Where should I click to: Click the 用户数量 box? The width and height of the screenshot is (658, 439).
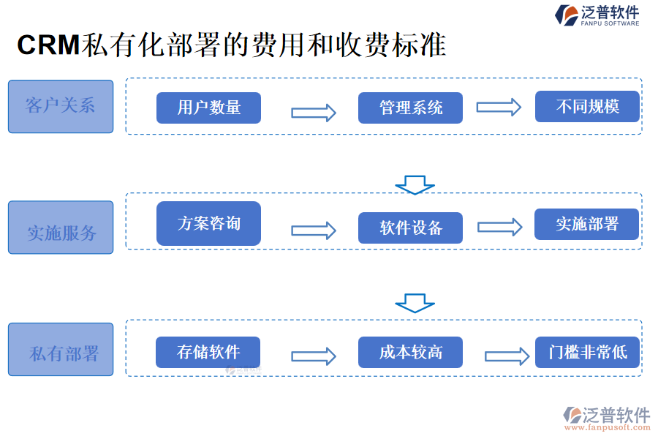pyautogui.click(x=208, y=108)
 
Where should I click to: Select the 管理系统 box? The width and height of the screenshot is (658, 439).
pyautogui.click(x=410, y=108)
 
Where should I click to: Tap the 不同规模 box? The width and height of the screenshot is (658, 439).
pyautogui.click(x=587, y=107)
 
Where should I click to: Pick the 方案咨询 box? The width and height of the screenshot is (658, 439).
pyautogui.click(x=208, y=223)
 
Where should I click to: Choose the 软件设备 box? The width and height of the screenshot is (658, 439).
pyautogui.click(x=410, y=228)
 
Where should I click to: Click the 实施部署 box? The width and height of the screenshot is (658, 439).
pyautogui.click(x=587, y=224)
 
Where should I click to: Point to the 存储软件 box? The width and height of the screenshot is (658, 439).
pyautogui.click(x=208, y=352)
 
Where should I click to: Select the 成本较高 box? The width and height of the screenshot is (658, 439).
pyautogui.click(x=410, y=352)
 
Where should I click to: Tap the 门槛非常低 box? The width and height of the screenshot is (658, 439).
pyautogui.click(x=587, y=352)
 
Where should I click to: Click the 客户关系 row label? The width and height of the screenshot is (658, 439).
pyautogui.click(x=61, y=106)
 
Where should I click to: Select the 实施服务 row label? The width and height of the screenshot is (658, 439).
pyautogui.click(x=61, y=228)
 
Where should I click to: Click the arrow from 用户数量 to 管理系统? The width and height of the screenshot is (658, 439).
pyautogui.click(x=313, y=113)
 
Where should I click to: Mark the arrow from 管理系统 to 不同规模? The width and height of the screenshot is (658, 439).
pyautogui.click(x=499, y=107)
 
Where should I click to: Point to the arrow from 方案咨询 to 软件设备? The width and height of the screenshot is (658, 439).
pyautogui.click(x=313, y=230)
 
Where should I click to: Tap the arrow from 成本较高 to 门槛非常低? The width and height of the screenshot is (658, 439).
pyautogui.click(x=507, y=356)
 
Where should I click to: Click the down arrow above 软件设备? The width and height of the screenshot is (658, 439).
pyautogui.click(x=415, y=184)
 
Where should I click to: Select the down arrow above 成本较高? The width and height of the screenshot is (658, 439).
pyautogui.click(x=415, y=303)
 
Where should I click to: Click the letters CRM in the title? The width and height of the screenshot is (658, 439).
pyautogui.click(x=48, y=46)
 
